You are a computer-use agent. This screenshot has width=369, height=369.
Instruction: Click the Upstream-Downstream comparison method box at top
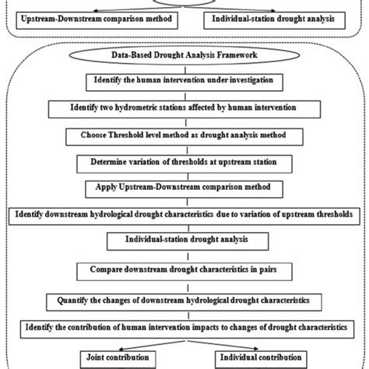pos(90,16)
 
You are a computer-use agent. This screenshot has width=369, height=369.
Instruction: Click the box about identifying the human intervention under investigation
pos(184,80)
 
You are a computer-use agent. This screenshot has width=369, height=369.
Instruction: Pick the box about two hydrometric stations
pos(184,107)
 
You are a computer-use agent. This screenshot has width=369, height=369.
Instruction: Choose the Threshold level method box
pos(184,135)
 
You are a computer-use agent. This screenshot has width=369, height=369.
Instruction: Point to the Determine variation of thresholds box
pos(184,162)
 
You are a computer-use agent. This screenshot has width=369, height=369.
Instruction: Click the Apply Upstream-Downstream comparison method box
pos(184,188)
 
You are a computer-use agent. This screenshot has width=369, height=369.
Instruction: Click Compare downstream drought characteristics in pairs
pos(184,271)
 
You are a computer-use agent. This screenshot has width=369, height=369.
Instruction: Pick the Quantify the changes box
pos(184,299)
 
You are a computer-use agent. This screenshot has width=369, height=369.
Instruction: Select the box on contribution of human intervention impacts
pos(184,325)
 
